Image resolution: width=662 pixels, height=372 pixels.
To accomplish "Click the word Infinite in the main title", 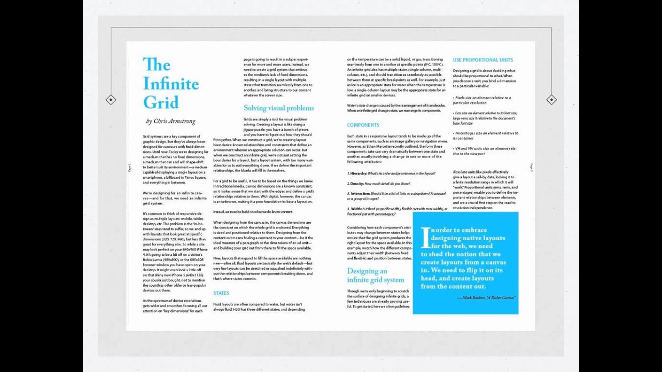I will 171,83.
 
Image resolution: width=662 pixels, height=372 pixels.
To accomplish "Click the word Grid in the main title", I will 161,102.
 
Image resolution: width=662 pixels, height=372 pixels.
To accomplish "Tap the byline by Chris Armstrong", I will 171,121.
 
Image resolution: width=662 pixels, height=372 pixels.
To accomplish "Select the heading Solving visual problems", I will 279,108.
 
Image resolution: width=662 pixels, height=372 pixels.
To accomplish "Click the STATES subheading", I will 221,293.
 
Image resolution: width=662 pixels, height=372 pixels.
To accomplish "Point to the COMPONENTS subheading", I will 363,125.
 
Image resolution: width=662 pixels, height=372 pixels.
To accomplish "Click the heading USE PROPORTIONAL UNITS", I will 483,60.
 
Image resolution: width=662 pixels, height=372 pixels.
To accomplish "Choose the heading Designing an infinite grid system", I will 375,275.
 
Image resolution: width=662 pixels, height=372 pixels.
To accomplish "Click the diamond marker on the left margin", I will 111,100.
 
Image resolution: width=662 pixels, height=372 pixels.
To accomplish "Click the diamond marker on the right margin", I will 551,100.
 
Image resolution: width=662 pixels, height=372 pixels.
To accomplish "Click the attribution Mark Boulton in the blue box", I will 486,298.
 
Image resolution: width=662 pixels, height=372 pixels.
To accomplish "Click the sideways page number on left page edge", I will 129,167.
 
